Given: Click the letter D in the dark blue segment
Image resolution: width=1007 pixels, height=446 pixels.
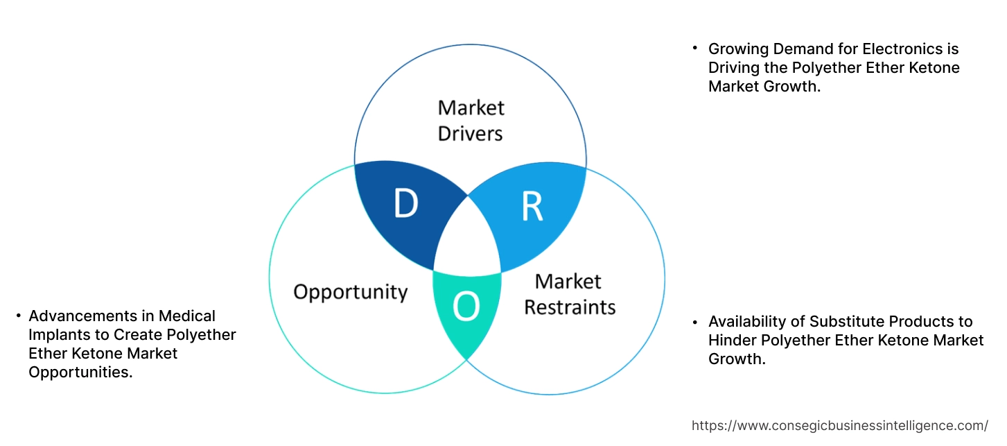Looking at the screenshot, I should click(405, 203).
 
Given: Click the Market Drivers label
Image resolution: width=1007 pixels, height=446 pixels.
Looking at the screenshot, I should click(471, 120).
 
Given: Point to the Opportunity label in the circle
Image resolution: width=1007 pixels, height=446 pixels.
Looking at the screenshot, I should click(350, 291).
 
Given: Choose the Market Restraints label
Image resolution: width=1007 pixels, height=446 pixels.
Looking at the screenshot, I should click(569, 294).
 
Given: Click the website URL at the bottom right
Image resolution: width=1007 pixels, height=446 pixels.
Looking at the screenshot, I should click(840, 426).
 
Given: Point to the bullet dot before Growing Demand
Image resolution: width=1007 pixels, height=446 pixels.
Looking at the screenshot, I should click(694, 49).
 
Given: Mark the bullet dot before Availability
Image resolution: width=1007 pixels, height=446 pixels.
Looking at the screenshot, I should click(694, 322).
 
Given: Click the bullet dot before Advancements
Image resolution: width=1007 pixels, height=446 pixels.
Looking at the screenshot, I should click(17, 316).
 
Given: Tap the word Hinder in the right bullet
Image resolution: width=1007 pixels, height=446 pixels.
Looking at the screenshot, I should click(730, 341).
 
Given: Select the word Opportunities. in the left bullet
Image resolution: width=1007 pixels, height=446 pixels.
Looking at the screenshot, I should click(80, 372).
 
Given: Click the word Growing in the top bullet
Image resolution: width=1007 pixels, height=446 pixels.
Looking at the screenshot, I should click(736, 49).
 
